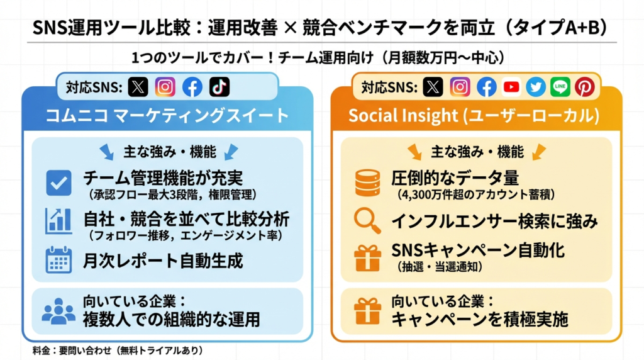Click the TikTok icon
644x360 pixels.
point(219,87)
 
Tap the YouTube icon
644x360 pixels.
point(511,87)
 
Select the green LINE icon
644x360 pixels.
point(560,87)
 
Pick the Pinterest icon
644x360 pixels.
point(585,87)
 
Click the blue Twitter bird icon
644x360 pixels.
point(536,87)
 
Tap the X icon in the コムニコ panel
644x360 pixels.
point(138,87)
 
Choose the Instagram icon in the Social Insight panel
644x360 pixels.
point(460,87)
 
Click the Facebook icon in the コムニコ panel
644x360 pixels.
point(192,87)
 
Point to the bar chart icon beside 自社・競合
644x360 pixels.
point(58,221)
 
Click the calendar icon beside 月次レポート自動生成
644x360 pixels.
point(58,260)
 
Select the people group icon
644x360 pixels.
point(58,311)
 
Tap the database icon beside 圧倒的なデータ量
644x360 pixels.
point(367,183)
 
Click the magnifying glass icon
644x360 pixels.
point(367,221)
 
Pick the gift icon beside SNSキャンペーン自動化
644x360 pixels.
point(367,257)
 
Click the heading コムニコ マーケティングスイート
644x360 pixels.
point(167,115)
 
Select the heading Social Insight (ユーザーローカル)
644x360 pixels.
point(474,115)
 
